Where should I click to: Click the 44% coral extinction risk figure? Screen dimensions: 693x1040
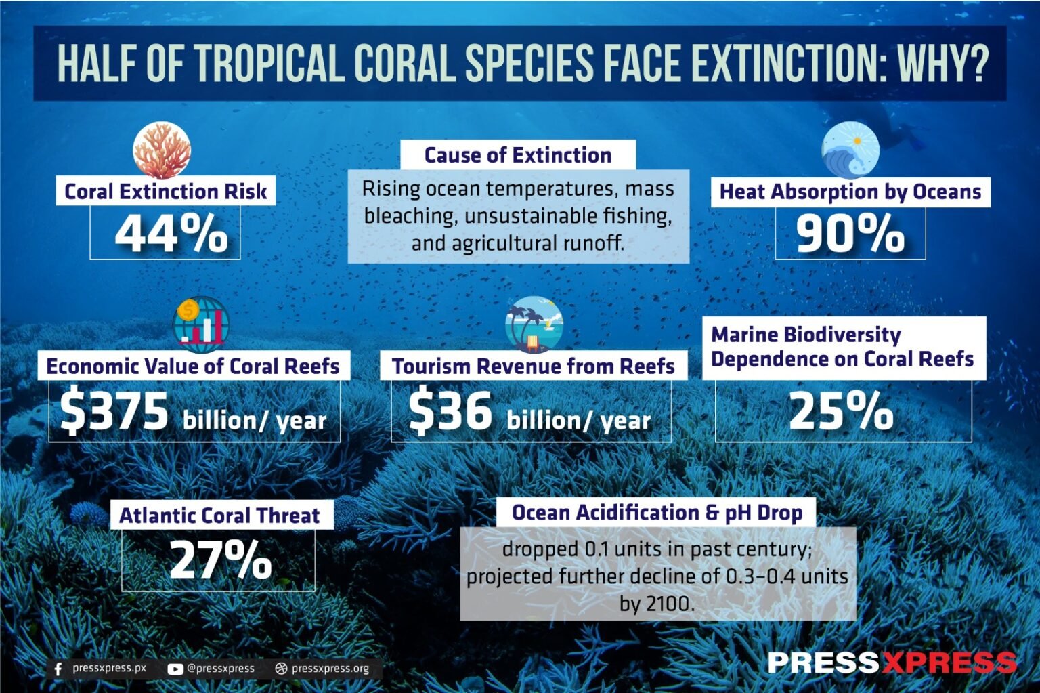[x=171, y=234]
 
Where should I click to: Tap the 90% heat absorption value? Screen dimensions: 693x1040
[x=850, y=234]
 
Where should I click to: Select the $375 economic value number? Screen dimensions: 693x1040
[x=114, y=412]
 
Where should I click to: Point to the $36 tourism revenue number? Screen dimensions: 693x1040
[x=450, y=412]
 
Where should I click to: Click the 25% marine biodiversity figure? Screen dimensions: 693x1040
[x=841, y=411]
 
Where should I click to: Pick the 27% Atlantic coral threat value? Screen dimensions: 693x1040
[x=220, y=560]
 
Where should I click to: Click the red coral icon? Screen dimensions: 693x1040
[x=162, y=150]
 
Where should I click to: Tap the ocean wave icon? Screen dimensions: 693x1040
[x=850, y=150]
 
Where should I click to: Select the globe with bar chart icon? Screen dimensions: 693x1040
[x=200, y=324]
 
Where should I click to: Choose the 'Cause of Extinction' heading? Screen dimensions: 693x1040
[x=518, y=155]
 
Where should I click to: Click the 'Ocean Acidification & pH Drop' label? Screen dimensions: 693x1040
[x=657, y=513]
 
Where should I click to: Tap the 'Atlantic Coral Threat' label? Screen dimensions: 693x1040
[x=219, y=516]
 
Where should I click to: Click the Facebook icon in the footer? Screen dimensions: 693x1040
[x=58, y=669]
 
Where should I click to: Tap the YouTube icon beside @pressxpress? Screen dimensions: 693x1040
[x=175, y=669]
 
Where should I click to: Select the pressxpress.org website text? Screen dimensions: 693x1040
[x=330, y=669]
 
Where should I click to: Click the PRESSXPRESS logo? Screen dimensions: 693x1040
[x=892, y=662]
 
